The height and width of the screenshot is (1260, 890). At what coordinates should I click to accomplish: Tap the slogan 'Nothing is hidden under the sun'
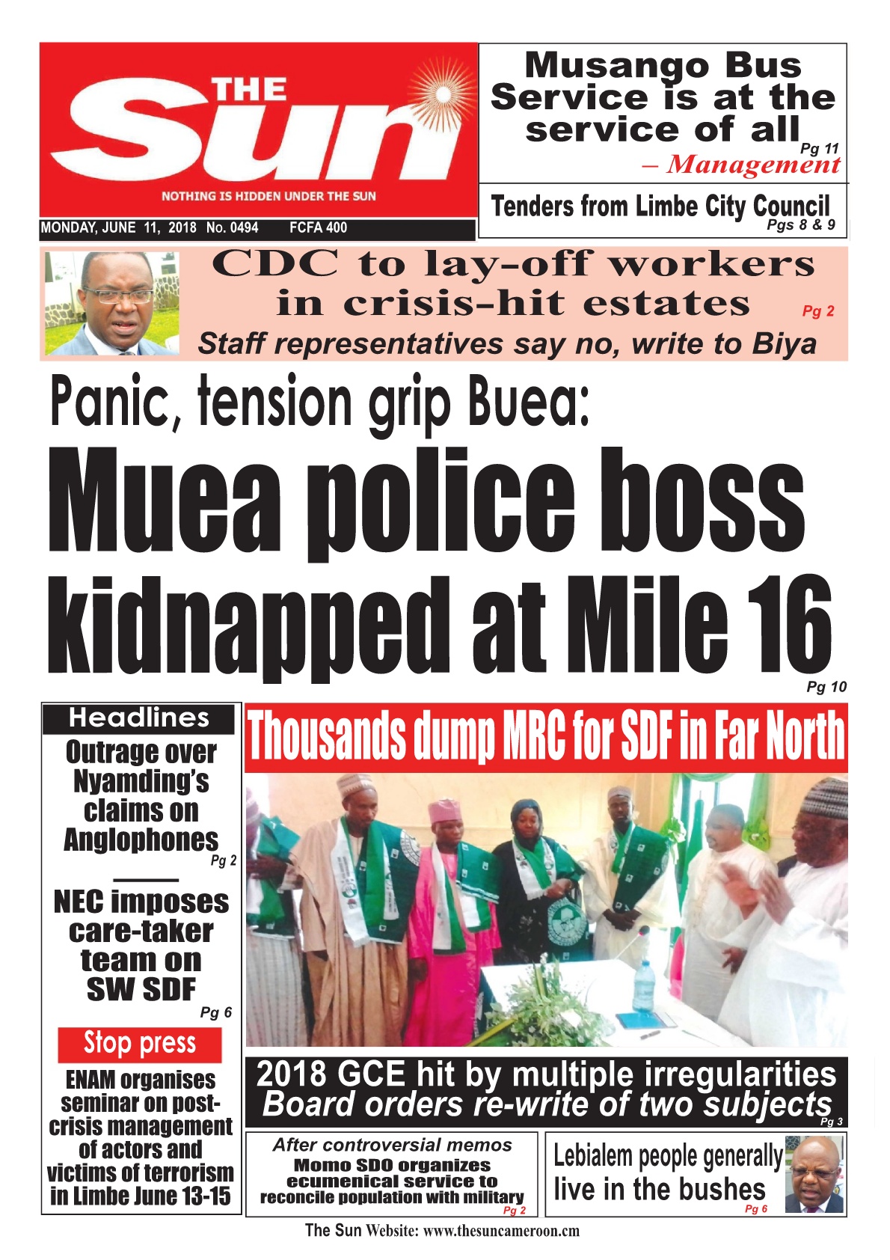click(x=268, y=197)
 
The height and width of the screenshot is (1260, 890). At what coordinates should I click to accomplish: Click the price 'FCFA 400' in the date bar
click(x=318, y=228)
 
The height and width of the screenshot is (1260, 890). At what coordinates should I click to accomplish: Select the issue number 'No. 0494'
click(x=232, y=228)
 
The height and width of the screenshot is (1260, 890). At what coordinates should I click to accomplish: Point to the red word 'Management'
click(x=753, y=165)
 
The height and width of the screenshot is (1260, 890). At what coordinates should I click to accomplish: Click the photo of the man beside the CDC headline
click(x=111, y=303)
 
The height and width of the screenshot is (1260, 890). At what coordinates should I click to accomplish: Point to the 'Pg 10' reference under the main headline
click(x=826, y=687)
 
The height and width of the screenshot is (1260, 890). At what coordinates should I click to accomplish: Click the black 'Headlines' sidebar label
click(x=139, y=718)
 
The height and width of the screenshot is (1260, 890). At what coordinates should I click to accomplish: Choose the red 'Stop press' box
click(x=140, y=1044)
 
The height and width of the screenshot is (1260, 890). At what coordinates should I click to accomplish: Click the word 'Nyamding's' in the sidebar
click(x=141, y=781)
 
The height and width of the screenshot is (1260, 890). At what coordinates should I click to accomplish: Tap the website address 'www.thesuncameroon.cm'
click(x=501, y=1231)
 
